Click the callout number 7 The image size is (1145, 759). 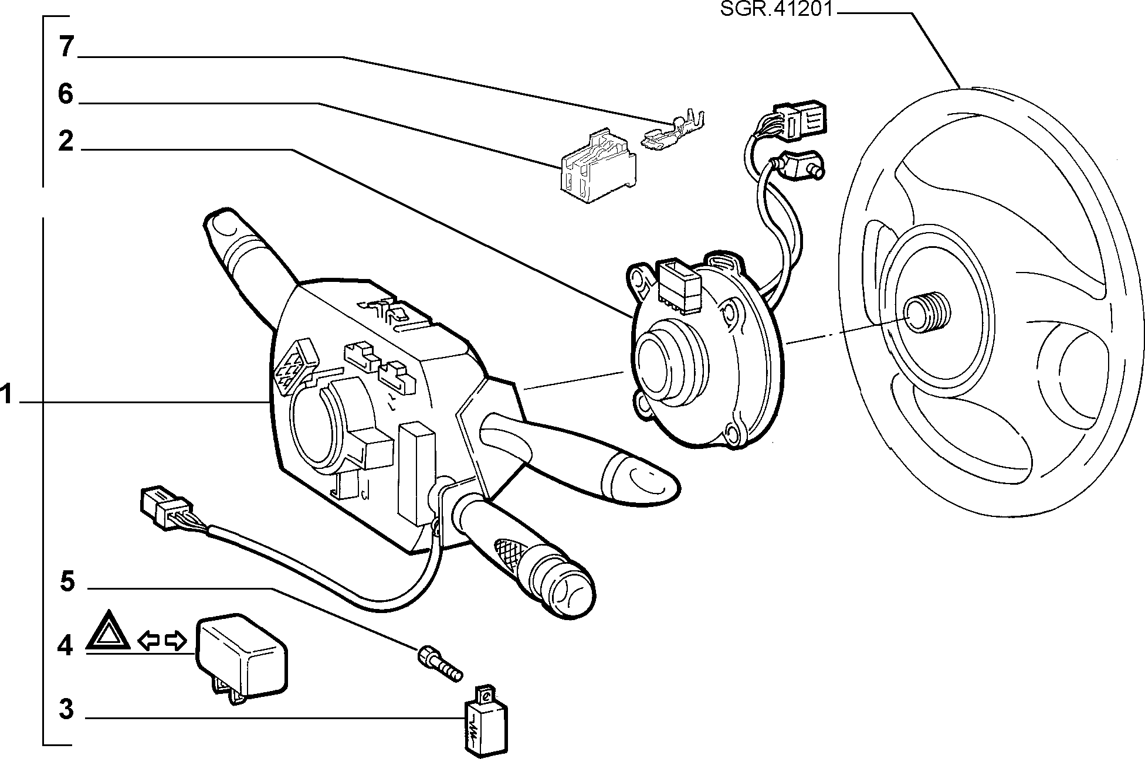point(66,46)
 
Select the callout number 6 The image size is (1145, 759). point(65,94)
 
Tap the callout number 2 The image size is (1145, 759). point(66,142)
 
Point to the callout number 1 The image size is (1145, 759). point(6,394)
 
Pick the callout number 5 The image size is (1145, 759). point(67,581)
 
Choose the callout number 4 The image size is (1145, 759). point(65,646)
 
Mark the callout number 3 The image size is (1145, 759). point(66,709)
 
